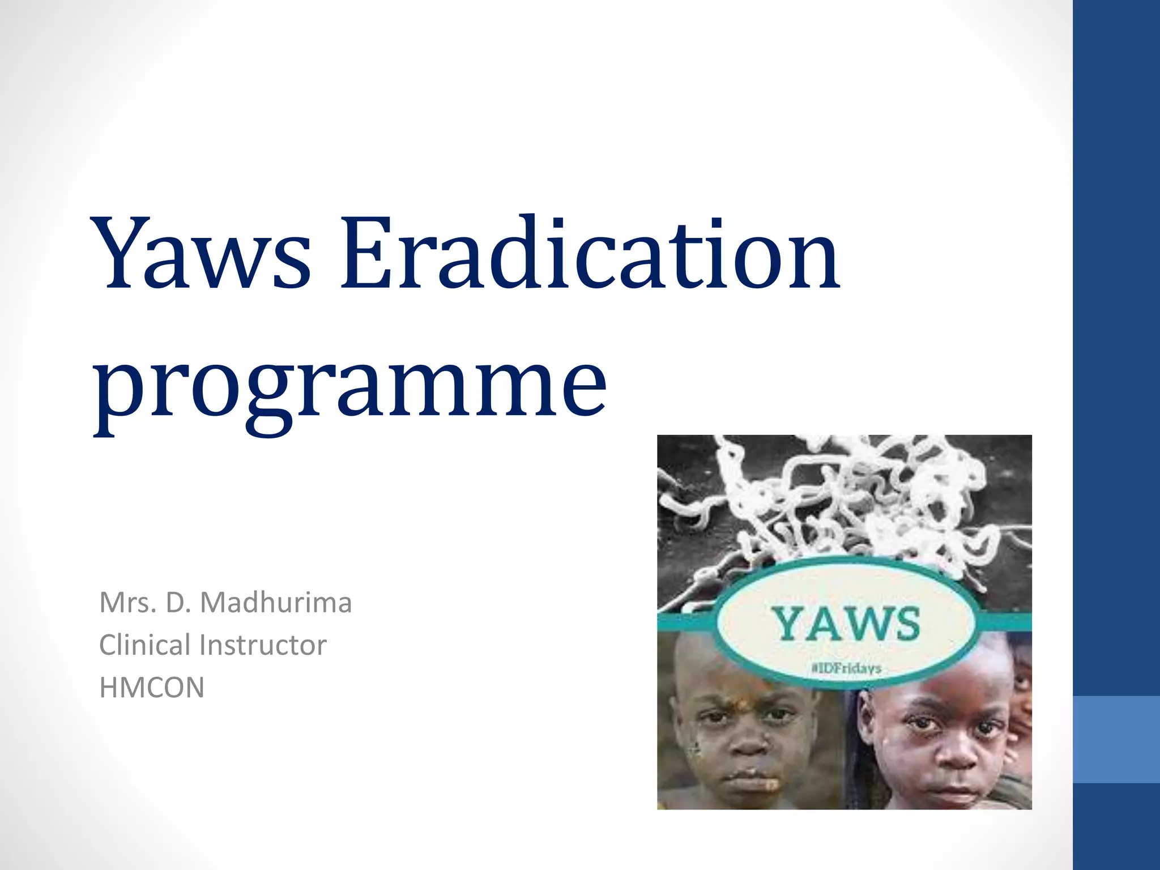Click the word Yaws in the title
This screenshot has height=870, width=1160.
(204, 253)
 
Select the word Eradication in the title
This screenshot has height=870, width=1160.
(589, 253)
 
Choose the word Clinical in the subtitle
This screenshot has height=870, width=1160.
(144, 645)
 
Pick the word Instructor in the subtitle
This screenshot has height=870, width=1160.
(263, 645)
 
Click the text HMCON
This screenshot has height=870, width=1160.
(151, 688)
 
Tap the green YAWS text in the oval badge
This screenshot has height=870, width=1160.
(846, 624)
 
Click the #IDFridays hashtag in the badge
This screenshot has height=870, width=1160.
(846, 668)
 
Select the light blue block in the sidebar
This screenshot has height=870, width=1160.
(1116, 739)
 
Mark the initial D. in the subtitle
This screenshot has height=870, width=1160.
(177, 602)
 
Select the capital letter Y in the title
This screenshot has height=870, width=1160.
(123, 253)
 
